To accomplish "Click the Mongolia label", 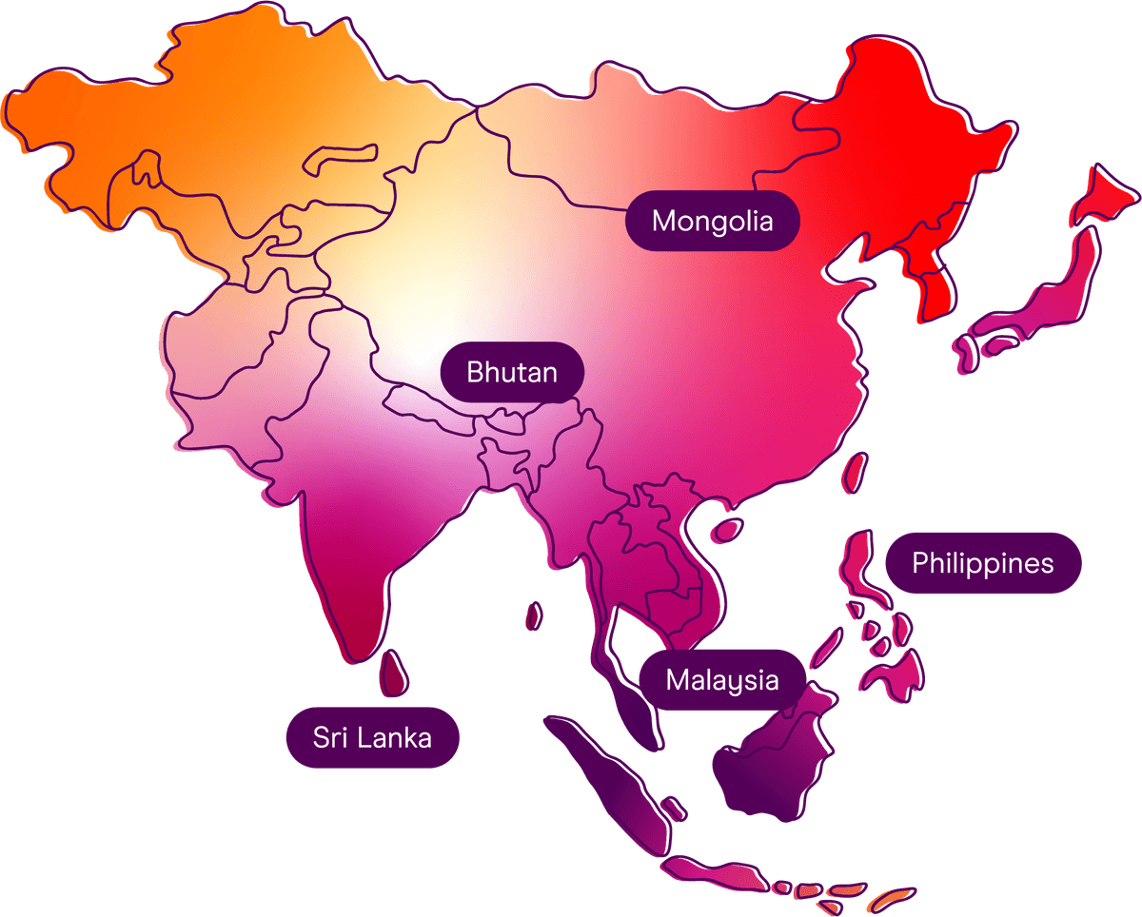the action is click(x=712, y=222).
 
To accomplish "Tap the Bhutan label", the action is click(x=511, y=372).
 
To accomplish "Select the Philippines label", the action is click(x=982, y=563).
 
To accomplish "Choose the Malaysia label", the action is click(x=721, y=680).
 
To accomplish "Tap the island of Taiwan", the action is click(x=856, y=470).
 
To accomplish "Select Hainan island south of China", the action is click(x=728, y=528).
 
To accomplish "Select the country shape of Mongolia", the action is click(x=619, y=152).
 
